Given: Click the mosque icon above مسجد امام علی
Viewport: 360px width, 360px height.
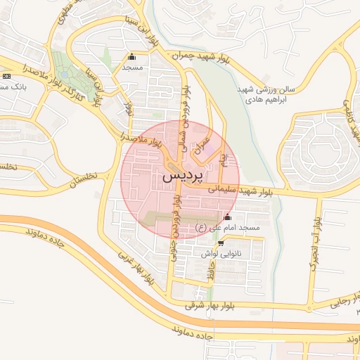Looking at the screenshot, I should (x=226, y=217).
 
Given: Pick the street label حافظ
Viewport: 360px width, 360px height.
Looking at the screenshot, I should (x=212, y=276).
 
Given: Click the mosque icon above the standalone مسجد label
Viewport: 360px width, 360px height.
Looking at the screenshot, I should (x=131, y=57).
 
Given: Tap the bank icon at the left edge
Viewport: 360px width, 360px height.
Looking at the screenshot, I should (x=6, y=76).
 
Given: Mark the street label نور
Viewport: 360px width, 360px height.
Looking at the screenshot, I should (x=127, y=108).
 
